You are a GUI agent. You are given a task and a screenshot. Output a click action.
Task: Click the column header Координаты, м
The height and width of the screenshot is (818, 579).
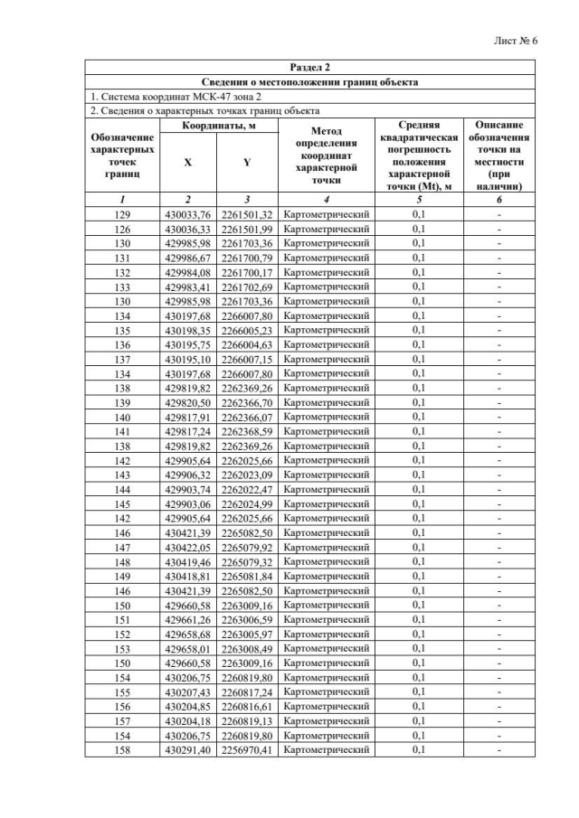click(217, 126)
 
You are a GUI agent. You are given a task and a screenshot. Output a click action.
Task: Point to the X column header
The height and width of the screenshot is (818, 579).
click(187, 162)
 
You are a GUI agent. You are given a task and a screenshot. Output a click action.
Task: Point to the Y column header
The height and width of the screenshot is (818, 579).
click(247, 162)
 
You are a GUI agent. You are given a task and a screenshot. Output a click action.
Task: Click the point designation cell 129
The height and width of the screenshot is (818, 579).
click(123, 214)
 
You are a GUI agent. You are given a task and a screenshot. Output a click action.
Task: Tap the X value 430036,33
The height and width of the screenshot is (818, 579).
click(187, 229)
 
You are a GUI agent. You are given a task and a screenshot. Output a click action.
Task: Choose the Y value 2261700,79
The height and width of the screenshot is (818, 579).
click(247, 258)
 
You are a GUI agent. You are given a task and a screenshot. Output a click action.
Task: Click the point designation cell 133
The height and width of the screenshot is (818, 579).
click(123, 287)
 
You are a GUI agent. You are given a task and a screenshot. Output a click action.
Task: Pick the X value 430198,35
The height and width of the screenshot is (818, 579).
click(187, 330)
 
